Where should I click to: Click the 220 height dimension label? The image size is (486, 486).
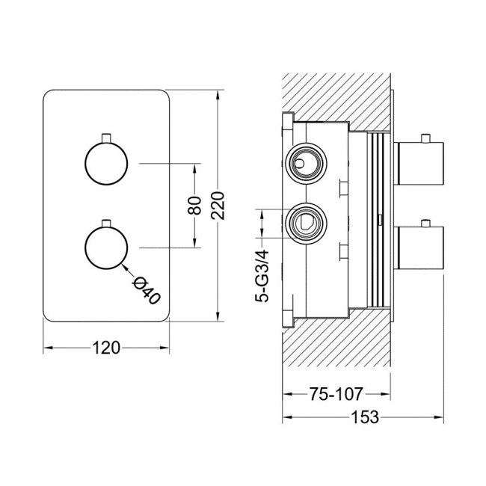click(218, 204)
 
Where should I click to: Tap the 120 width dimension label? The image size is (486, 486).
click(105, 348)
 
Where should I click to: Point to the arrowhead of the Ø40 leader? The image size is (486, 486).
click(123, 262)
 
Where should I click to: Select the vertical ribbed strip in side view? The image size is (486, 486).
click(380, 221)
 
